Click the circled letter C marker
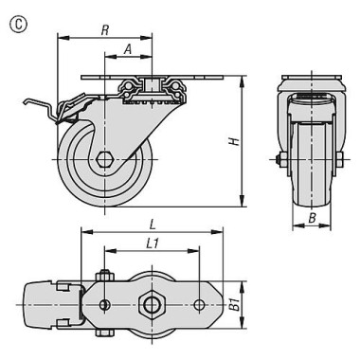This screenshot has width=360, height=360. [x=19, y=25]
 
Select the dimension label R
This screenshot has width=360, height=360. [x=105, y=30]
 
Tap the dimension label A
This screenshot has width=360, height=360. [x=127, y=49]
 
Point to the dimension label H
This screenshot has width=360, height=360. [x=234, y=141]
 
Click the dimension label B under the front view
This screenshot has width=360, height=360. [x=312, y=218]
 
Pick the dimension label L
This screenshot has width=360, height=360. [x=153, y=225]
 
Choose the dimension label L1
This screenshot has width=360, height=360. [x=153, y=243]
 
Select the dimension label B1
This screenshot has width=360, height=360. [x=234, y=306]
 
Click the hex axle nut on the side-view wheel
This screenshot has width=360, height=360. [x=104, y=160]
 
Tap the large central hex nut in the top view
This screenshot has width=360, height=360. [x=153, y=305]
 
